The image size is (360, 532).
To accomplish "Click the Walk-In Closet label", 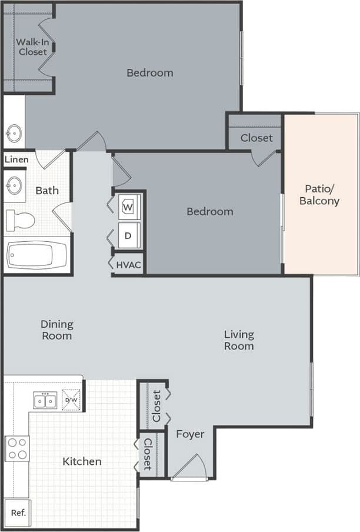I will click(32, 46).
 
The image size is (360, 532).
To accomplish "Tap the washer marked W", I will click(129, 207).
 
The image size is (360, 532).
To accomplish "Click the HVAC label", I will click(128, 265).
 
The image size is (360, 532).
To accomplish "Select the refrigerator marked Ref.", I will click(18, 513).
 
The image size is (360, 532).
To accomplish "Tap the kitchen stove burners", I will click(17, 448).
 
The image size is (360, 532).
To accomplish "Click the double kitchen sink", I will click(45, 401).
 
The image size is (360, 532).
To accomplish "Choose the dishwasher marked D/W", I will click(71, 400).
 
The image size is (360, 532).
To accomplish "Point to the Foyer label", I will click(190, 434).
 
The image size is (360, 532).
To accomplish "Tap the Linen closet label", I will click(16, 159).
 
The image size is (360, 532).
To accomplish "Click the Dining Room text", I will click(57, 330).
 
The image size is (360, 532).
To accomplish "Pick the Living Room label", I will click(239, 340).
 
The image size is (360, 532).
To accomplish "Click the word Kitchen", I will click(82, 461).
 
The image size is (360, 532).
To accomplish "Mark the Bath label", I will click(47, 190).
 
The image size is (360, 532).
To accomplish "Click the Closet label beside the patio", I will click(256, 138).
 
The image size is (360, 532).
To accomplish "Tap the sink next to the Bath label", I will click(14, 187).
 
